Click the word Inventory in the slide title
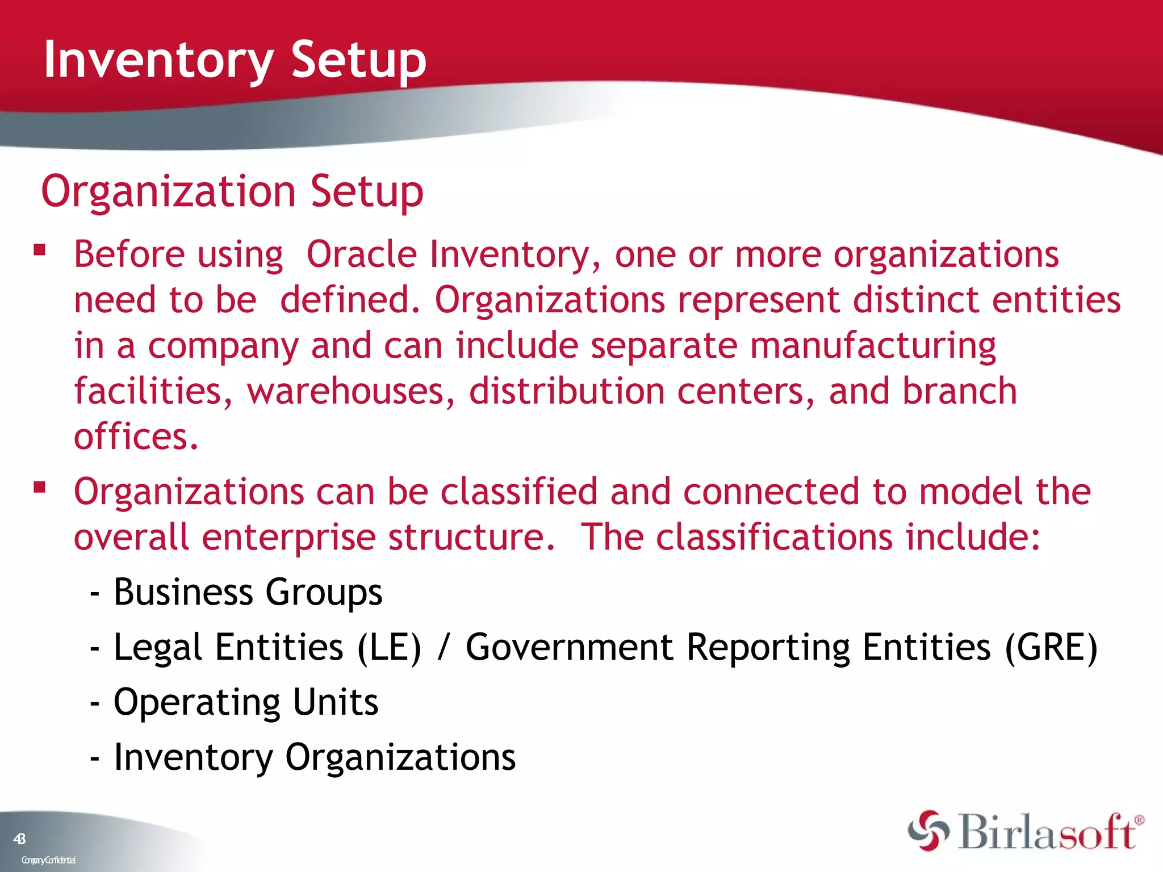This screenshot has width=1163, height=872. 159,60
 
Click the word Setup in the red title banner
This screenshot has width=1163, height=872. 358,60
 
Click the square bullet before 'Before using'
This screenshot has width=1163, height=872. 39,250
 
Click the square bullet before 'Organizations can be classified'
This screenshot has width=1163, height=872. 39,487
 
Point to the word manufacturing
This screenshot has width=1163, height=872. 873,346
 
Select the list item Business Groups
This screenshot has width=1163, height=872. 248,592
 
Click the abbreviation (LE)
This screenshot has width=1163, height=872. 390,647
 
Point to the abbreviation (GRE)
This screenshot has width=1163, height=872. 1051,647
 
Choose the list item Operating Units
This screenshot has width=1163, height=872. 245,702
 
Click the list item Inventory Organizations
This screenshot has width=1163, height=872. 315,757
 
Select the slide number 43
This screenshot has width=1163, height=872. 19,839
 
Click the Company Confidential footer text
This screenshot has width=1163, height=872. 48,860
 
